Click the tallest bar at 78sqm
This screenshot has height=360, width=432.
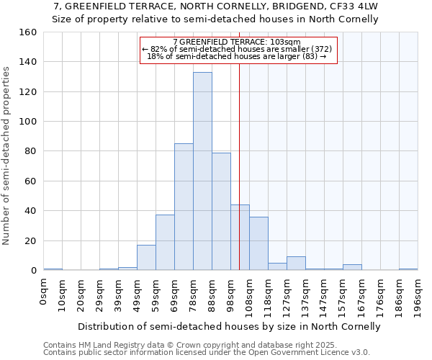[x=202, y=171]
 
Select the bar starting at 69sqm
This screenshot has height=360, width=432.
[x=184, y=207]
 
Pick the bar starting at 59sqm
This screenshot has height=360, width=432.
[x=165, y=243]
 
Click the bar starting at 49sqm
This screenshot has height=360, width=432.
[x=146, y=258]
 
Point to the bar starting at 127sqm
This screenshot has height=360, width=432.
[x=296, y=264]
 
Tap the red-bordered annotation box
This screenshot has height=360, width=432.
[x=238, y=50]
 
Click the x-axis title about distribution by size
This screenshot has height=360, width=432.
[x=228, y=326]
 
